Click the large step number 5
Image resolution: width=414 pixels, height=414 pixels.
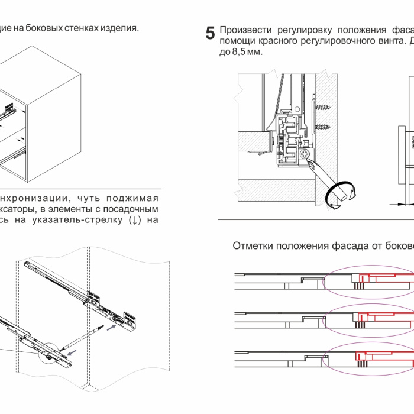coord(210,34)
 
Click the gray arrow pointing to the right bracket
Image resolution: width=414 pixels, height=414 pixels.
coord(110,327)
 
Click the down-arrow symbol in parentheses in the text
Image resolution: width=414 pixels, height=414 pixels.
coord(135,220)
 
